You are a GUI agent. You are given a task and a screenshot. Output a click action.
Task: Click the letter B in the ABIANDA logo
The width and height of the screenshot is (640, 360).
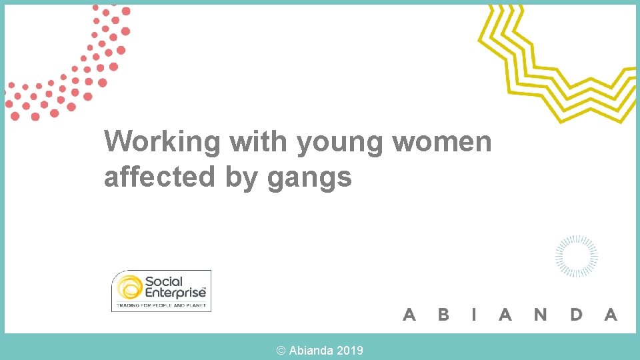443,314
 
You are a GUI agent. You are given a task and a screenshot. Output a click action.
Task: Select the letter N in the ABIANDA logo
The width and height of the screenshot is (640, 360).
540,314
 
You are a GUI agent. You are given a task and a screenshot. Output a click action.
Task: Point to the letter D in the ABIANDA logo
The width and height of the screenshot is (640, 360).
576,314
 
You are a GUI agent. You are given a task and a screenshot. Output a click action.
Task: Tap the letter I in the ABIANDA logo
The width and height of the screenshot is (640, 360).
474,314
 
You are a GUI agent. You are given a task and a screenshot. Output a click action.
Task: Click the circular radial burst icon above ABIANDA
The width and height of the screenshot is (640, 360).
577,256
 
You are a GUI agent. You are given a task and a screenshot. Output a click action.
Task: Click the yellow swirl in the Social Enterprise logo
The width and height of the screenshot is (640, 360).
129,288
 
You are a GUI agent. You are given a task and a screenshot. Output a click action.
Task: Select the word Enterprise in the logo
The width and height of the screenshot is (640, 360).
175,293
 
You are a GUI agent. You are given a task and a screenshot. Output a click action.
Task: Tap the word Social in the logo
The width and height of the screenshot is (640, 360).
163,281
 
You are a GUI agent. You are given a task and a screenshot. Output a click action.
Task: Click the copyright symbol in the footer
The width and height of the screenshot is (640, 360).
281,350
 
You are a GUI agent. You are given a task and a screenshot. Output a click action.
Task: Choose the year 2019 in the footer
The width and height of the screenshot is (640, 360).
350,350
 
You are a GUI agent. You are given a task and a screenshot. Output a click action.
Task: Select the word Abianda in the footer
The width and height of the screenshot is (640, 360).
311,350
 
